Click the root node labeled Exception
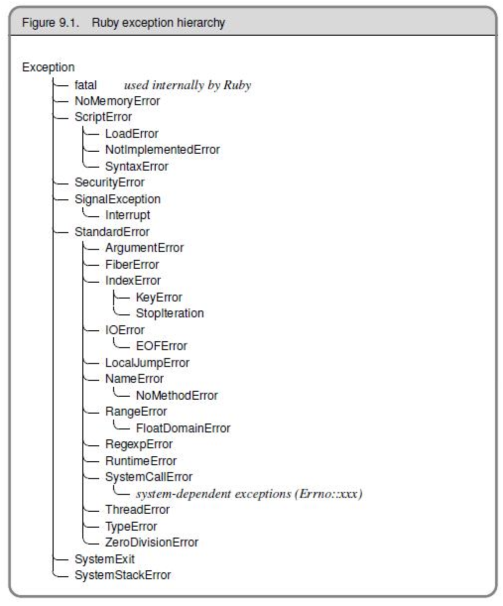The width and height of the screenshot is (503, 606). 48,67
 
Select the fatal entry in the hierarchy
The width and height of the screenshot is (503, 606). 85,85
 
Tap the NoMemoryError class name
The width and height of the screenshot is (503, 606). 117,101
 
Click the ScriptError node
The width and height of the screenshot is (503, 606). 103,118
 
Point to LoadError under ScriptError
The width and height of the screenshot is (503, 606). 131,134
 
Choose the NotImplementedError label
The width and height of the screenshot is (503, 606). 162,150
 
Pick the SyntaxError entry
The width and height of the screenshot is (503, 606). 136,167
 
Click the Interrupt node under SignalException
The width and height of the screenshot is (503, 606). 127,215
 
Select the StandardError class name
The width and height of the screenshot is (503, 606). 112,232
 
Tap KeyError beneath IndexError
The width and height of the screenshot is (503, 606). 159,298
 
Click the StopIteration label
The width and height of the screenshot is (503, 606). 170,313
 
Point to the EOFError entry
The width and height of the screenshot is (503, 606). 161,346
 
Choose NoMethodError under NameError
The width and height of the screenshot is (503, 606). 177,396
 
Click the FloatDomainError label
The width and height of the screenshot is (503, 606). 183,428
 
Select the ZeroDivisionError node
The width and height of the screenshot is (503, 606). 151,543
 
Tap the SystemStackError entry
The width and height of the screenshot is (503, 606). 123,575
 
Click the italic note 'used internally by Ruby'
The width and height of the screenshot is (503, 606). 188,85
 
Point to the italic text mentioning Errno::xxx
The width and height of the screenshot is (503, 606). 249,494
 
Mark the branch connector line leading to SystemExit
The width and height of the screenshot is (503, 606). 60,559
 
